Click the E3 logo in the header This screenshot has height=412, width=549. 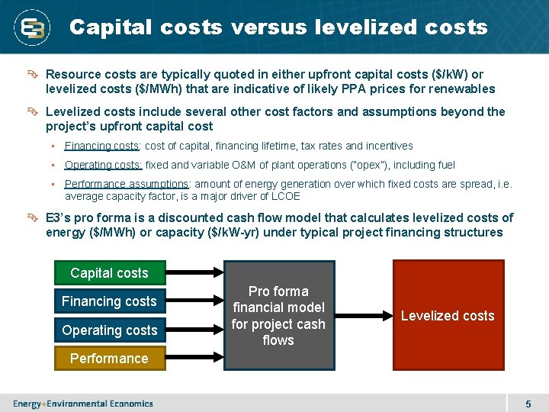[x=33, y=28]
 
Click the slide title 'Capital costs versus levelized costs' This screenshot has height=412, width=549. [x=278, y=27]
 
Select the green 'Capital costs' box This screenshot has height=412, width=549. [x=109, y=273]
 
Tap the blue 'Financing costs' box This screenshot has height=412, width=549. [x=109, y=301]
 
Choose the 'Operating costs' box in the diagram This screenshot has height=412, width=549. [x=109, y=330]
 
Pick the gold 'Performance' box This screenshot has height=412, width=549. [x=109, y=359]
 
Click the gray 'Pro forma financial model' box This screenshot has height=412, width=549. [x=278, y=316]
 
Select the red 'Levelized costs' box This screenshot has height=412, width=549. [x=448, y=316]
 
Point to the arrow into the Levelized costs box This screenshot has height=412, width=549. [x=363, y=316]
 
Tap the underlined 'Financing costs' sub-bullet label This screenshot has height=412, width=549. [x=101, y=146]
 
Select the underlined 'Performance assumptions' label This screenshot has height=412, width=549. [x=127, y=184]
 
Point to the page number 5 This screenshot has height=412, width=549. [x=528, y=404]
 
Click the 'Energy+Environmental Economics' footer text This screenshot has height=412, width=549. [x=82, y=404]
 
